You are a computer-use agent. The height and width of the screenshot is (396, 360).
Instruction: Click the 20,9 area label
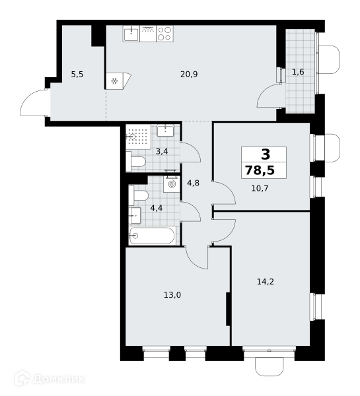pyautogui.click(x=189, y=74)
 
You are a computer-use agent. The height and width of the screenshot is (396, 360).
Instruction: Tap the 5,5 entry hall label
pyautogui.click(x=77, y=75)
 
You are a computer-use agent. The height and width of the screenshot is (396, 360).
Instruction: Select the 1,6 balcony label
pyautogui.click(x=298, y=72)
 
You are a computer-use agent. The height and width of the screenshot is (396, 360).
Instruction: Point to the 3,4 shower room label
pyautogui.click(x=162, y=152)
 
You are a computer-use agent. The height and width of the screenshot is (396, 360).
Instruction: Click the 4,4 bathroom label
pyautogui.click(x=157, y=208)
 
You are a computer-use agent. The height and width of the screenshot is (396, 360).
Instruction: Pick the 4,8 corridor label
pyautogui.click(x=193, y=183)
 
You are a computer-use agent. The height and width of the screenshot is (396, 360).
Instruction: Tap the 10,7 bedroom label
pyautogui.click(x=260, y=188)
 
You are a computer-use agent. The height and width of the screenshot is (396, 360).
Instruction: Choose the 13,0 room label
pyautogui.click(x=172, y=295)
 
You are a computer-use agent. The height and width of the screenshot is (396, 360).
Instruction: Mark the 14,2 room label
pyautogui.click(x=266, y=282)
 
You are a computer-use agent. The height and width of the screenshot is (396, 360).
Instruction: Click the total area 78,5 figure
pyautogui.click(x=260, y=170)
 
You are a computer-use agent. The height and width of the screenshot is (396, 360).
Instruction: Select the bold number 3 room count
pyautogui.click(x=266, y=154)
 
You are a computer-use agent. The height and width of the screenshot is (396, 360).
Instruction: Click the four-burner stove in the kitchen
pyautogui.click(x=164, y=34)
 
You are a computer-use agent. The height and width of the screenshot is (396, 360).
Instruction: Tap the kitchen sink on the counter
pyautogui.click(x=131, y=34)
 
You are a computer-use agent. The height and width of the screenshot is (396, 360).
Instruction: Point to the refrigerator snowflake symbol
pyautogui.click(x=114, y=81)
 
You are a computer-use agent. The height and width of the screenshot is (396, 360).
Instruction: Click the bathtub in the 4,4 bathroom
pyautogui.click(x=152, y=236)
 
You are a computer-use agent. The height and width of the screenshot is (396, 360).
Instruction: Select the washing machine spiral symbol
pyautogui.click(x=172, y=184)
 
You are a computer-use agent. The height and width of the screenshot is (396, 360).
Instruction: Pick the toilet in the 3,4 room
pyautogui.click(x=136, y=162)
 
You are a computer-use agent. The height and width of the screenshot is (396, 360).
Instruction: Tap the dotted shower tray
pyautogui.click(x=139, y=137)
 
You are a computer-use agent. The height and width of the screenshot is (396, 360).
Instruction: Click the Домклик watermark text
pyautogui.click(x=59, y=379)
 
